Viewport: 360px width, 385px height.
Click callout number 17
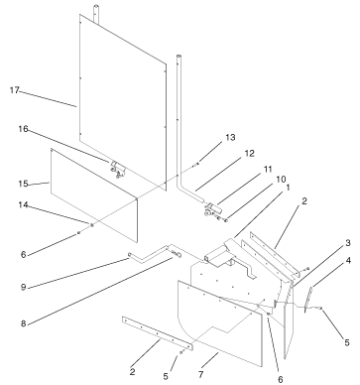click(14, 90)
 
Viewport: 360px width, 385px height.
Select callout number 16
click(23, 129)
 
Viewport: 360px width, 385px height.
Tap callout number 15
click(23, 184)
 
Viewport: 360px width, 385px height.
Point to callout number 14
click(23, 205)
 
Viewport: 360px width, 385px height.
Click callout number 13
click(230, 137)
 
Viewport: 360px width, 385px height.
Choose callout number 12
click(250, 153)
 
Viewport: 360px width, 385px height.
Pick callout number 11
click(268, 169)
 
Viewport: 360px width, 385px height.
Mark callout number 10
click(281, 180)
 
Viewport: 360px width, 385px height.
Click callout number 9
click(23, 287)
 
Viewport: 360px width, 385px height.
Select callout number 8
click(23, 323)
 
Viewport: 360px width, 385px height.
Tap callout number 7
click(200, 374)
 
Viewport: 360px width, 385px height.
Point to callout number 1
click(288, 188)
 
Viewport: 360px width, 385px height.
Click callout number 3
click(348, 243)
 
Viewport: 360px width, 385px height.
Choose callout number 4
click(348, 261)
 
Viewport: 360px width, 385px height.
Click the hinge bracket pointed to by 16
click(118, 169)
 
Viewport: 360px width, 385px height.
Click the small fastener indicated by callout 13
click(196, 164)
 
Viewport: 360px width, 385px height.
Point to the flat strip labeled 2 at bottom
click(158, 333)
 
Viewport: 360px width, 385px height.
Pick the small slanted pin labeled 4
click(308, 300)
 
